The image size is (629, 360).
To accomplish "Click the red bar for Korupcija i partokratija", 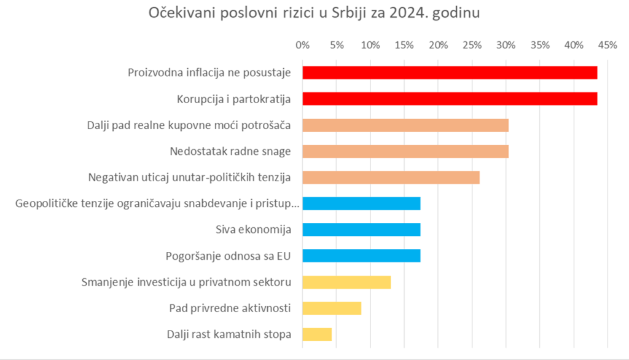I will click(x=450, y=99).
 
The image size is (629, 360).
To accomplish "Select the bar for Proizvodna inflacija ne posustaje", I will click(x=450, y=72).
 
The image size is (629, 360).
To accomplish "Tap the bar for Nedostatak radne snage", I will click(x=405, y=151).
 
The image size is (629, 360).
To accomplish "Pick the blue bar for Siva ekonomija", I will click(x=361, y=230).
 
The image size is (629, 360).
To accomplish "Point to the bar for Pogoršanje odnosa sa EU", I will click(x=361, y=256).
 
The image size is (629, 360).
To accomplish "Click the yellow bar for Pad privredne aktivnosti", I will click(x=332, y=308).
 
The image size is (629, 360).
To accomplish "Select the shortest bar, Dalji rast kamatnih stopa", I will click(x=317, y=334).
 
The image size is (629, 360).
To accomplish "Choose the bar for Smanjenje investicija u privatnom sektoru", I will click(x=346, y=282).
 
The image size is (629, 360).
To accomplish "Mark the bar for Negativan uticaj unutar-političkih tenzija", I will click(x=391, y=178).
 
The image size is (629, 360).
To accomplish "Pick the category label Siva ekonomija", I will click(x=253, y=230).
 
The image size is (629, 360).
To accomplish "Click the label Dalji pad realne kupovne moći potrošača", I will click(x=189, y=125).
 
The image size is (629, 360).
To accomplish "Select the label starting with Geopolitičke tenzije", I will click(x=157, y=204).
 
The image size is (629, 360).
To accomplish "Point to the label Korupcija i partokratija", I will click(x=233, y=99).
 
